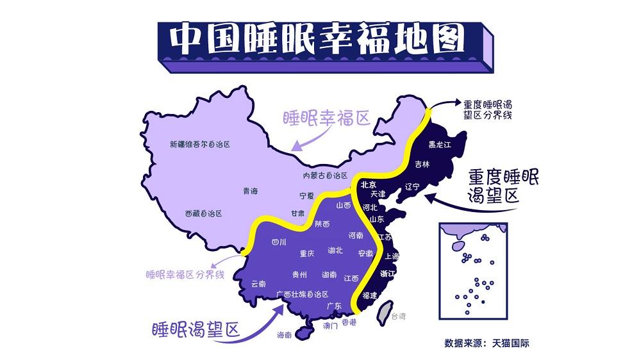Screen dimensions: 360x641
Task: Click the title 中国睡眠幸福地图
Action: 317,40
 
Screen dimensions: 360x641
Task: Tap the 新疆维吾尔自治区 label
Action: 199,145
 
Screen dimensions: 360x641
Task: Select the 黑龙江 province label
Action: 440,145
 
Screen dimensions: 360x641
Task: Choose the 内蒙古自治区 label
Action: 325,176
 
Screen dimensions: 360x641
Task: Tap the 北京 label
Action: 368,184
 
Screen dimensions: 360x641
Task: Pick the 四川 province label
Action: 279,242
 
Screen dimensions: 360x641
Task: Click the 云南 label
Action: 258,283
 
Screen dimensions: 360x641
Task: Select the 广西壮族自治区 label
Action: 302,294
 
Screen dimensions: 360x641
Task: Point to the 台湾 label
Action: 399,316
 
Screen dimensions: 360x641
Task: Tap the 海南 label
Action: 284,334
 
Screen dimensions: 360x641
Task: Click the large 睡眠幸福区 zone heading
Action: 327,119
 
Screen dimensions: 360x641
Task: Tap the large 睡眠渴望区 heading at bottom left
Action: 195,330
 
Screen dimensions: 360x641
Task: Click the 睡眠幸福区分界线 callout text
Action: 185,274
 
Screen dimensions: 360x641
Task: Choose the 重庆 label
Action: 307,254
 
